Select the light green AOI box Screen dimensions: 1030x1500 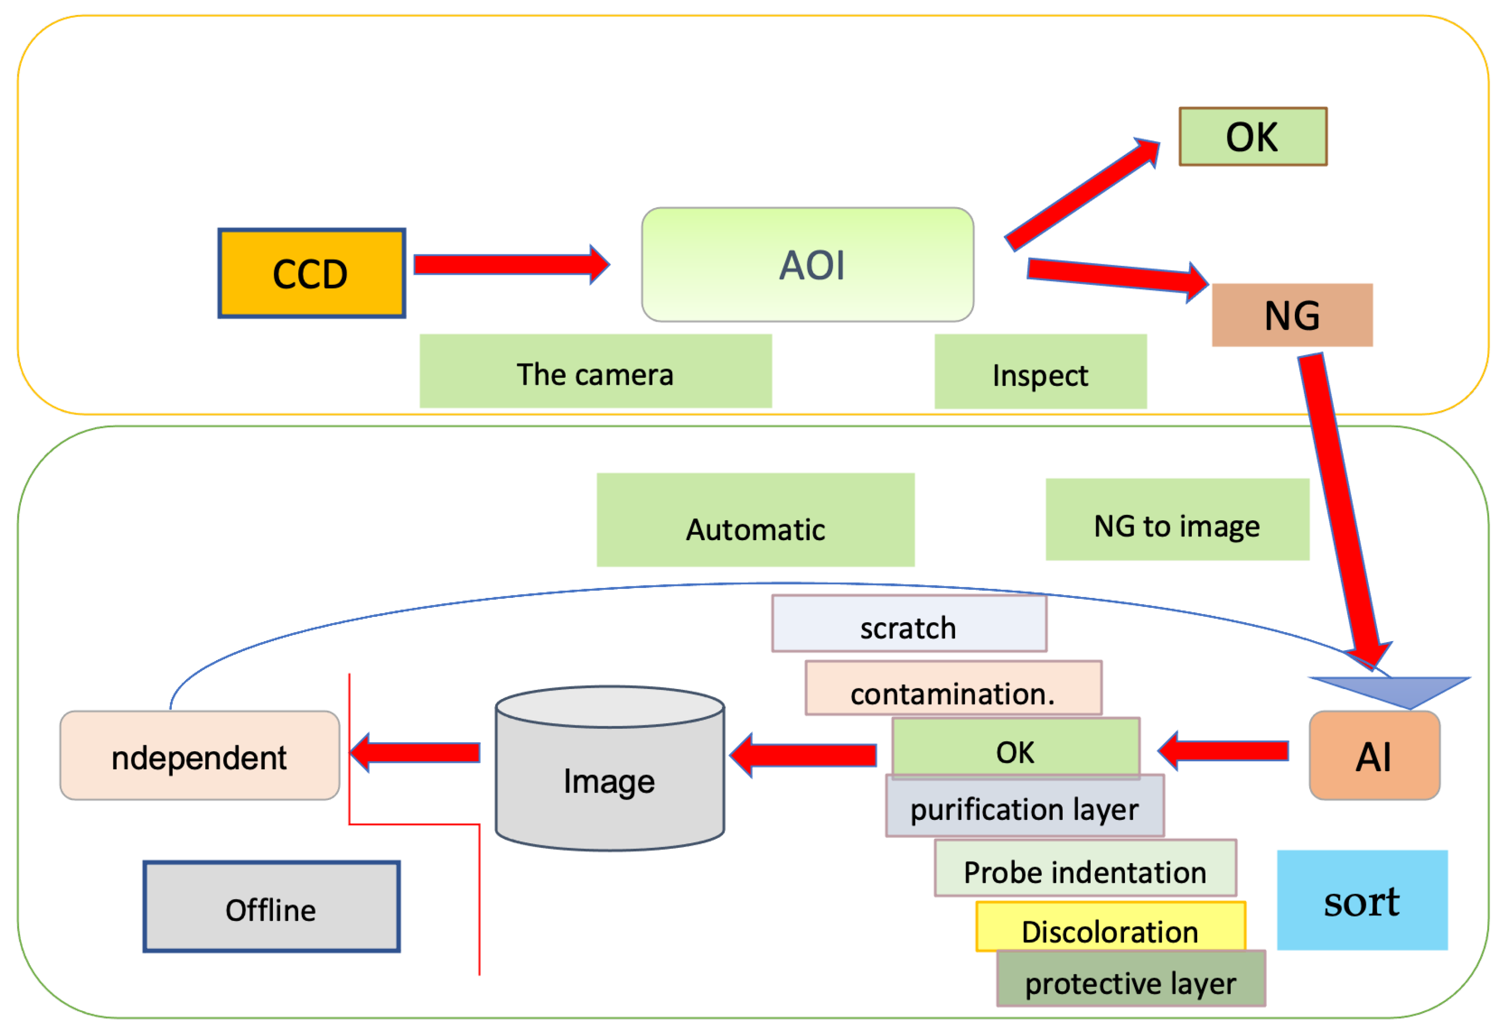pyautogui.click(x=807, y=265)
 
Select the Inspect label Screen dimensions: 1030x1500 pyautogui.click(x=1040, y=372)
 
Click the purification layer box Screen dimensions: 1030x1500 pyautogui.click(x=1024, y=808)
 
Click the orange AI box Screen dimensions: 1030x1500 pyautogui.click(x=1374, y=756)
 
